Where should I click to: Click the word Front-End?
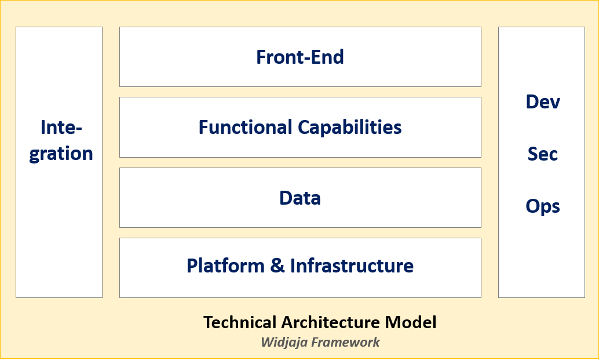(300, 57)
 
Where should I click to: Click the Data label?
(300, 198)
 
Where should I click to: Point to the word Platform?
(225, 266)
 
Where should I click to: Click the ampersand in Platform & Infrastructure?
(277, 266)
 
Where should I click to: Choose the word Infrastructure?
(352, 266)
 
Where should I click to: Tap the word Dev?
(543, 102)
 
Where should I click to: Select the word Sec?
(543, 154)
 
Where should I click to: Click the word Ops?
(543, 206)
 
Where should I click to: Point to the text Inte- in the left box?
(61, 127)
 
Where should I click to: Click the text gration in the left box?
(61, 154)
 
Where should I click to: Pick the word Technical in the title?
(239, 322)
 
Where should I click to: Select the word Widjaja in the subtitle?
(284, 341)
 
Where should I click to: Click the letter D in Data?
(286, 198)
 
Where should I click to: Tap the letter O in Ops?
(534, 206)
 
